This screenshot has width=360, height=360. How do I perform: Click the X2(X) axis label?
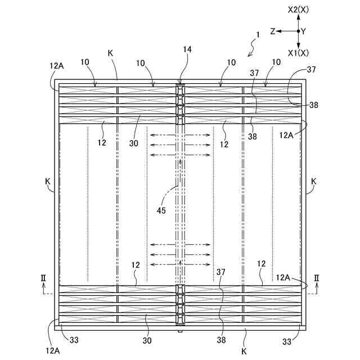point(298,10)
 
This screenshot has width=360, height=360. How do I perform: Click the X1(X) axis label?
point(298,53)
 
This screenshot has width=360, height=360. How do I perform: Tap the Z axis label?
point(272,31)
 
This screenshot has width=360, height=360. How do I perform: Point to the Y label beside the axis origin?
point(304,31)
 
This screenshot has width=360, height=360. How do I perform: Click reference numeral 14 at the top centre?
point(187,49)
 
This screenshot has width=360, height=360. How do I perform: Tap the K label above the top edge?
point(110,53)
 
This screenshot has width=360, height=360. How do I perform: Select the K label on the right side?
point(314,181)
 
